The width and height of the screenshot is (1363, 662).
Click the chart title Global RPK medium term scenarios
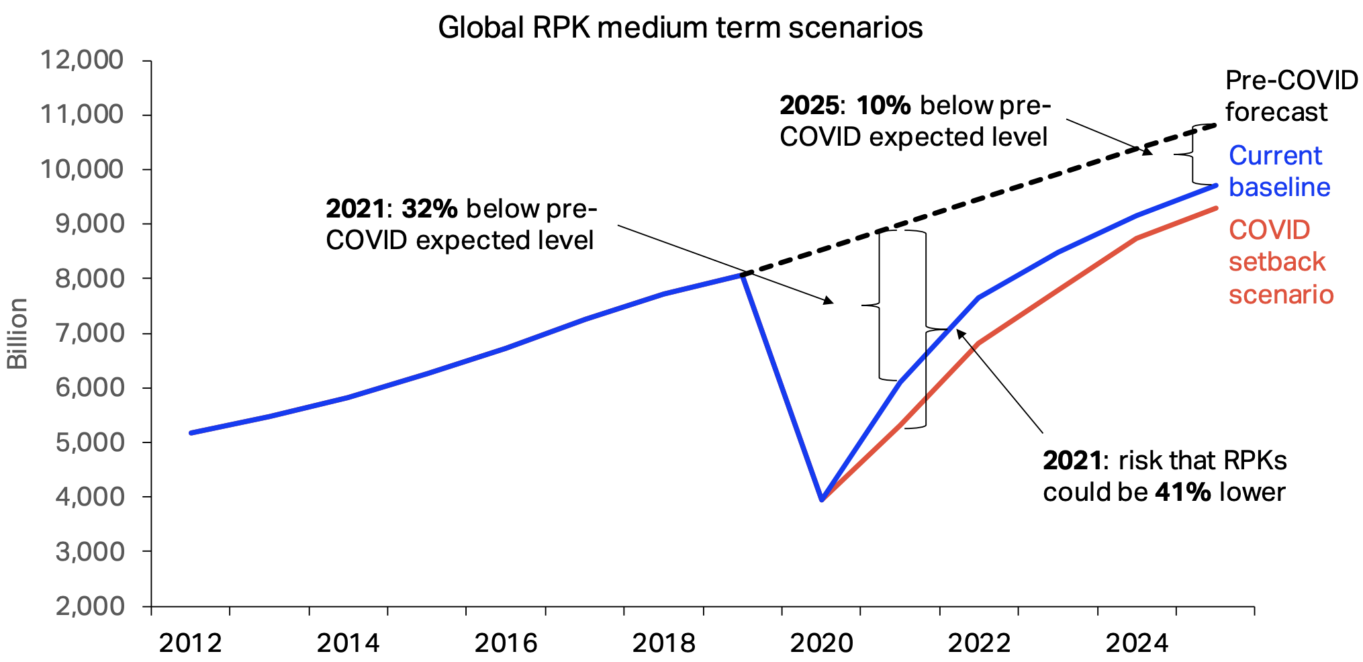coord(680,28)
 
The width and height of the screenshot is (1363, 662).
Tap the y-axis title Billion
coord(17,334)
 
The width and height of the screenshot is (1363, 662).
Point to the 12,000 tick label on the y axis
coord(83,60)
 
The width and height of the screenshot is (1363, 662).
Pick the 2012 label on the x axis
coord(191,643)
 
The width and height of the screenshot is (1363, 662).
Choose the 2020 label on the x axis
coord(822,643)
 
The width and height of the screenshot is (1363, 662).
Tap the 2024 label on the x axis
coord(1137,643)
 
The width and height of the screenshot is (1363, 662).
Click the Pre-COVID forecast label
coord(1290,96)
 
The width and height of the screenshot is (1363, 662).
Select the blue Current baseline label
coord(1278,171)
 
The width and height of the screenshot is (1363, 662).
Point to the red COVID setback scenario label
coord(1280,262)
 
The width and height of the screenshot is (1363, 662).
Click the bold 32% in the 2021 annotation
coord(430,209)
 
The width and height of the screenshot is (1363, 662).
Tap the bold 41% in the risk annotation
coord(1182,492)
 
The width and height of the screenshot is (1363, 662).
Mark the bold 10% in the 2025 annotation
coord(884,105)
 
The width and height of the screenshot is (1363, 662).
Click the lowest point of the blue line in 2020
coord(822,500)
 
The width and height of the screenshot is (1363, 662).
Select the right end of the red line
coord(1216,208)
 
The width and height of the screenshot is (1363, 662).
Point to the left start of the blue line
coord(191,433)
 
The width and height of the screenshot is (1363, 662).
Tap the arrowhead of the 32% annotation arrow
coord(830,302)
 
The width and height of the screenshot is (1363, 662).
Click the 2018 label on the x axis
coord(664,643)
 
